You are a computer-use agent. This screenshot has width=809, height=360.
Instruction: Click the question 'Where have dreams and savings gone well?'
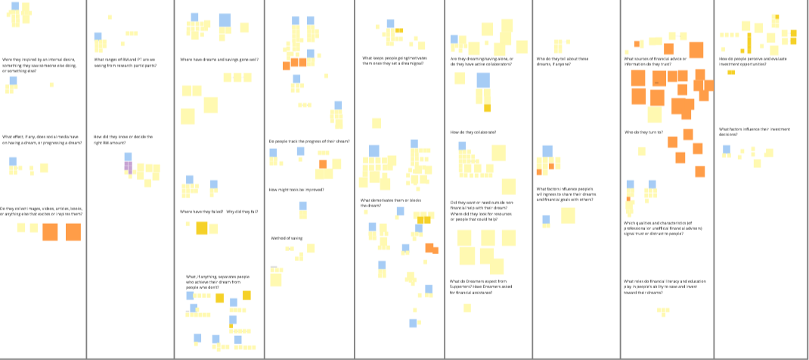pos(219,59)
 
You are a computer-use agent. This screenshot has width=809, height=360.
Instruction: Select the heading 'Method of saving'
pos(287,238)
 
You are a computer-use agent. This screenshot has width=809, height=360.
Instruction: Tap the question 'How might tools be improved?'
pos(296,189)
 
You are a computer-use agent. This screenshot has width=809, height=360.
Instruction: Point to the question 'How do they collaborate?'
pos(473,132)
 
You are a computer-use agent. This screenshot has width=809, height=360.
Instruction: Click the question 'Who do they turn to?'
pos(643,132)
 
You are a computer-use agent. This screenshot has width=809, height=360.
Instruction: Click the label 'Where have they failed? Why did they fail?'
pos(219,211)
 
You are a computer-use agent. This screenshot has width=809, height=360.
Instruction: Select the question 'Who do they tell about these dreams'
pos(562,59)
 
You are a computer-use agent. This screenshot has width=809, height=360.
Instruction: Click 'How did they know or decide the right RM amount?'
pos(123,139)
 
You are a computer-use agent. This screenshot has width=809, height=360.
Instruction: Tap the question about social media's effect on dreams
pos(42,139)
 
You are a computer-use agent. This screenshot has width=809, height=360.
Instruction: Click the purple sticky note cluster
pos(129,167)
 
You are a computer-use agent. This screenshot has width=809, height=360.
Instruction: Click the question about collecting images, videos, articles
pos(42,212)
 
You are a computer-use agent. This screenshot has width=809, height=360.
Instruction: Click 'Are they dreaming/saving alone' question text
pos(482,61)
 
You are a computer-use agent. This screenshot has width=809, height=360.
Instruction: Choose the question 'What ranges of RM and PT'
pos(126,61)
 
